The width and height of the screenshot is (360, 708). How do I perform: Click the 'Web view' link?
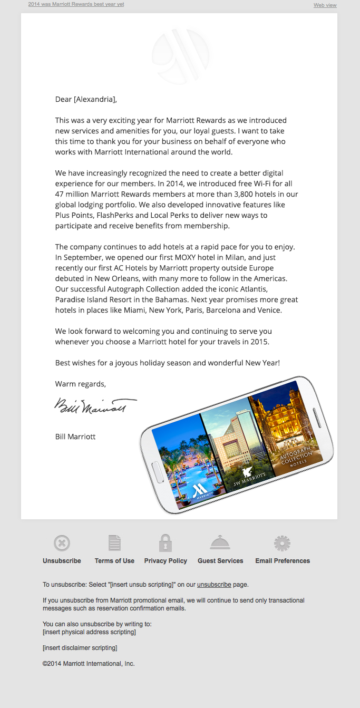325,5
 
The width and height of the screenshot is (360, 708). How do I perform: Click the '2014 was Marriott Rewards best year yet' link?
76,4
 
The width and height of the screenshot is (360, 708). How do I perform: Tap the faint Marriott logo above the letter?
180,55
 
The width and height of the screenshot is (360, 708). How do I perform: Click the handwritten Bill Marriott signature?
95,406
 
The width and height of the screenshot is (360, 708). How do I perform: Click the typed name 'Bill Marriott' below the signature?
75,437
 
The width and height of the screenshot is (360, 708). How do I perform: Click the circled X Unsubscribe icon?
62,543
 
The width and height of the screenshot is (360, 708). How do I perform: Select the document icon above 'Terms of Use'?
114,543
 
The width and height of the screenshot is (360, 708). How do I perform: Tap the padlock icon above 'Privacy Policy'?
166,543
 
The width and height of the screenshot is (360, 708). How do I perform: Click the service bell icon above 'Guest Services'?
220,542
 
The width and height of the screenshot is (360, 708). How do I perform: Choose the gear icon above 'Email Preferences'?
283,543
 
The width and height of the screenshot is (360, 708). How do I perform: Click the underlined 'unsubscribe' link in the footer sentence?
214,585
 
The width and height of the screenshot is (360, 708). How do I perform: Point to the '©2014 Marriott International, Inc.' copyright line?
89,664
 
